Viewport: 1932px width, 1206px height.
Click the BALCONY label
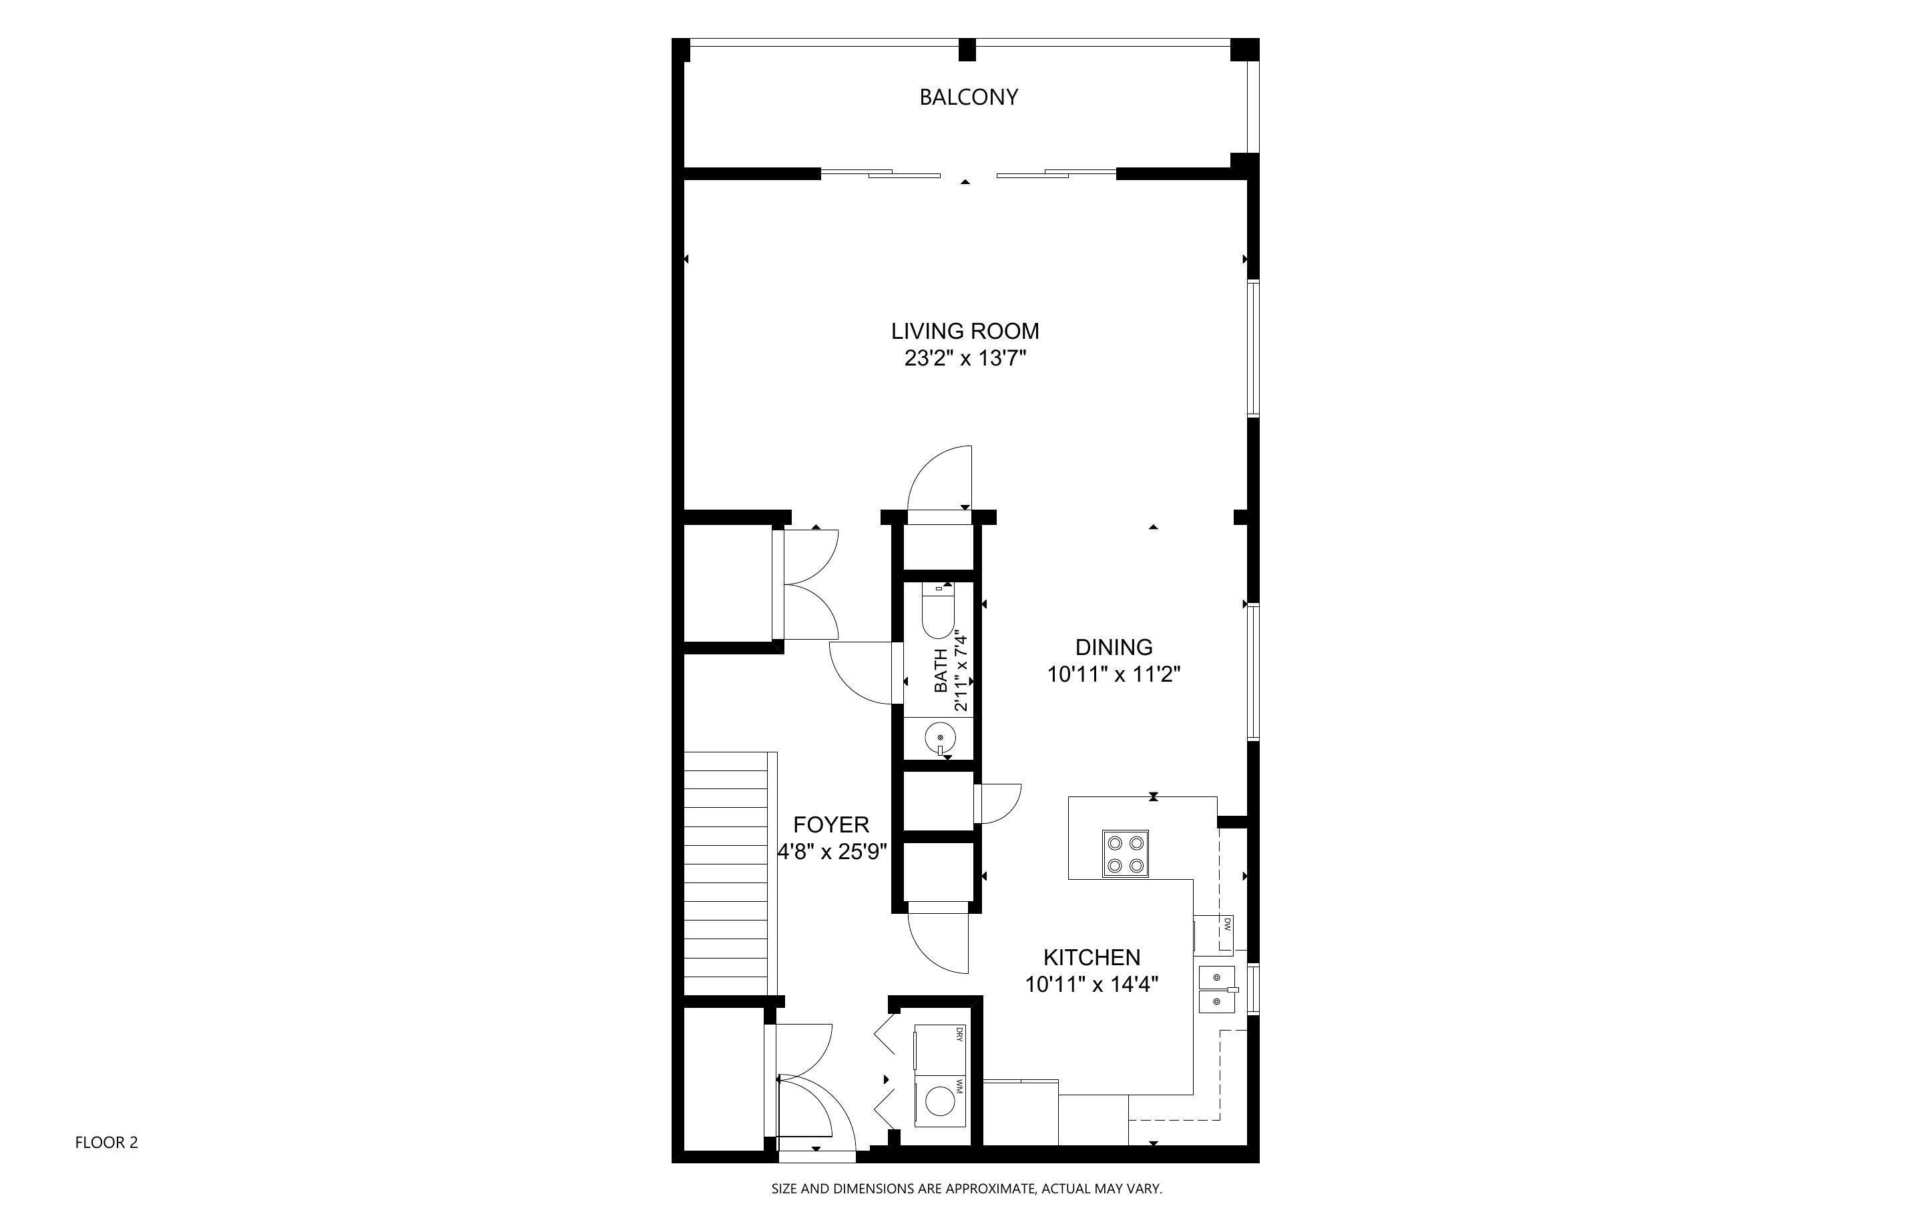click(x=968, y=97)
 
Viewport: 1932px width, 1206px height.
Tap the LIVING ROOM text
click(x=965, y=331)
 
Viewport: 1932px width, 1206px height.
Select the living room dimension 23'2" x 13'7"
click(x=965, y=359)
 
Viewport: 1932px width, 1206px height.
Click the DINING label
click(x=1114, y=647)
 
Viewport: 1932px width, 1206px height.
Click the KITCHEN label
click(x=1092, y=957)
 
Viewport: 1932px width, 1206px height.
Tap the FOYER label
click(x=830, y=824)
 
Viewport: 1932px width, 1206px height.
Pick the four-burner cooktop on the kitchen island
click(x=1125, y=853)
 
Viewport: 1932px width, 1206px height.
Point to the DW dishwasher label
click(x=1226, y=925)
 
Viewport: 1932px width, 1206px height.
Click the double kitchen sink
click(x=1217, y=989)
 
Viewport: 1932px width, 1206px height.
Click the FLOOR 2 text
click(x=106, y=1142)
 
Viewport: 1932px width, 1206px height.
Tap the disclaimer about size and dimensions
click(x=965, y=1189)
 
